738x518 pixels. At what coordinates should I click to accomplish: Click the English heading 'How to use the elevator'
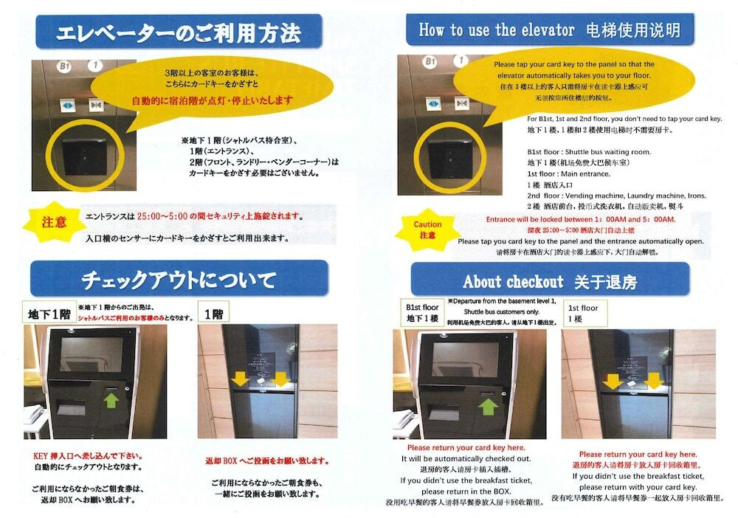tap(496, 30)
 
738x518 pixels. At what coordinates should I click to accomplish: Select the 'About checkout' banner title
tap(512, 281)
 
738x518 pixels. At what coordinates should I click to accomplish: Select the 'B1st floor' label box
tap(422, 311)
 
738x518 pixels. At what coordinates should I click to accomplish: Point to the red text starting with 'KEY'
tap(88, 455)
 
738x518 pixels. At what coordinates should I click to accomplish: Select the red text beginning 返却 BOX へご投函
tap(266, 461)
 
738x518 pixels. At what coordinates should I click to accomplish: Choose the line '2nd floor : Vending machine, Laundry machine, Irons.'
tap(616, 196)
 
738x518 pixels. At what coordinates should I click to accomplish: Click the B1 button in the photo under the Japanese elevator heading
tap(64, 66)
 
